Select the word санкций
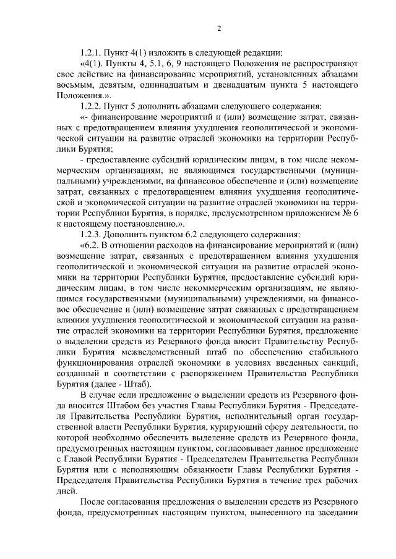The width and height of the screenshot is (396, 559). tap(338, 363)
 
